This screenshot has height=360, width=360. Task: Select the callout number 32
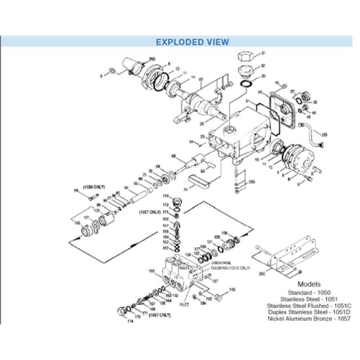tap(263, 66)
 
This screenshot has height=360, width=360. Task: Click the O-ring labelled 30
tap(246, 84)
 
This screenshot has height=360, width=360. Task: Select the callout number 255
tap(252, 182)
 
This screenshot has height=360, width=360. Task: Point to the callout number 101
tap(86, 218)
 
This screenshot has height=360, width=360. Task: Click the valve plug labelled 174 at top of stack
tap(176, 201)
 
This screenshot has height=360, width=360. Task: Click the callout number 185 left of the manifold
tap(152, 270)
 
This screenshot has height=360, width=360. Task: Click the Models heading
tap(309, 284)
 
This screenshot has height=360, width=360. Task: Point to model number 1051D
tap(342, 312)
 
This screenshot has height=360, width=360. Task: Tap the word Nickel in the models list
tap(276, 318)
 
